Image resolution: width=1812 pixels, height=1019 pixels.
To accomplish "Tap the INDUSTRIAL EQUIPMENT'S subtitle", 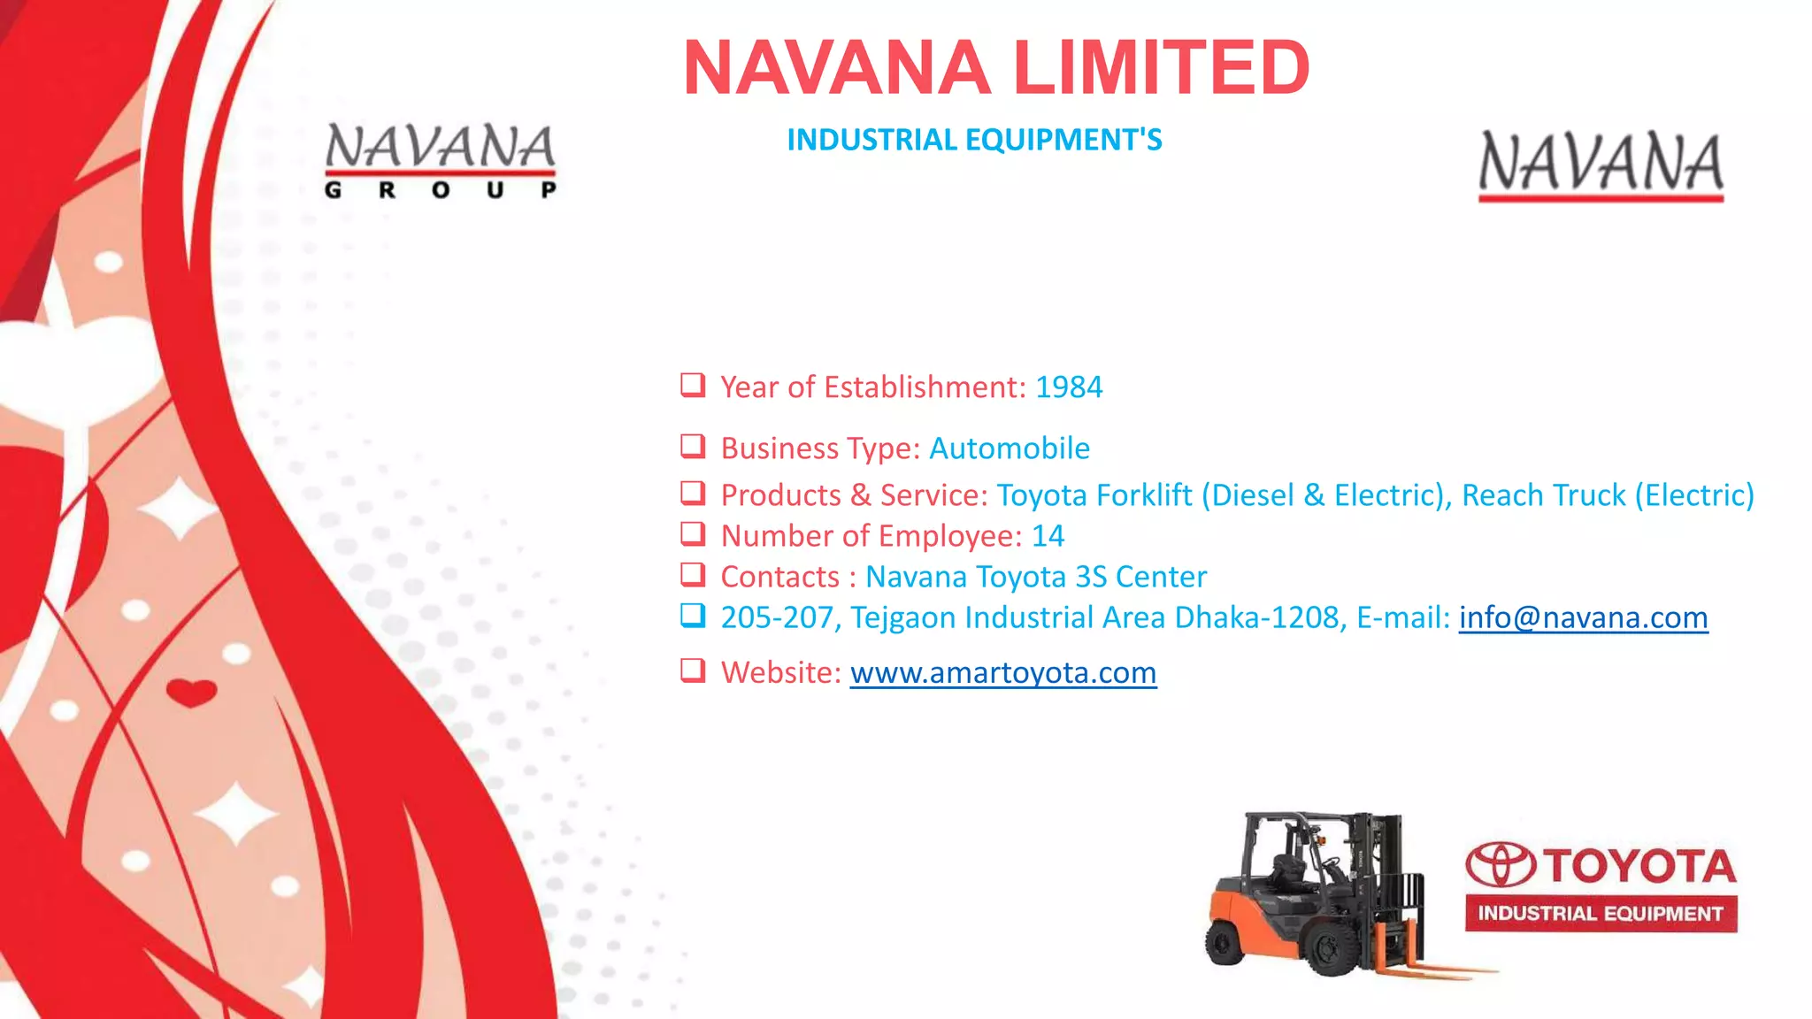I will pos(974,140).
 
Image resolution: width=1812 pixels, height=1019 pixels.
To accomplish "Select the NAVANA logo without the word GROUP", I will pos(1601,165).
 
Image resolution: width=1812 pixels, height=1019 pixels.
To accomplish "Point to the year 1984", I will pos(1069,387).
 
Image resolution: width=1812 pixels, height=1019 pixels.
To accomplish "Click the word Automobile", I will pos(1009,448).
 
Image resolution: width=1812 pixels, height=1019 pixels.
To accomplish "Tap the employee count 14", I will pos(1048,536).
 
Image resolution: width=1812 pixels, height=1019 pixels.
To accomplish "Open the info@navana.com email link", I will pos(1583,617).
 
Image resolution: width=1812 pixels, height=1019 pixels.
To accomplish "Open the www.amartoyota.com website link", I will pos(1003,673).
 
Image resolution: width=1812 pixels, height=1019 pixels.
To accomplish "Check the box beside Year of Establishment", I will pos(693,385).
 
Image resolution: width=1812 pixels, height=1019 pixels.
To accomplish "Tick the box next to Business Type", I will pos(693,446).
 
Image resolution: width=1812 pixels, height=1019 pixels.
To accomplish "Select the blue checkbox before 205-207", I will pos(693,615).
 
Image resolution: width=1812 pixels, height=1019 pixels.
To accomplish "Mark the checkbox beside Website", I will pos(693,670).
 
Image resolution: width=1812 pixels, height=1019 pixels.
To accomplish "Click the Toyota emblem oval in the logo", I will pos(1501,864).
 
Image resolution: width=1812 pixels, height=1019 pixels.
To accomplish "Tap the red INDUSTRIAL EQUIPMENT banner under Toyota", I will pos(1601,914).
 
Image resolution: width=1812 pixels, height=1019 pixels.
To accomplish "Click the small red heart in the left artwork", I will pos(191,692).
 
